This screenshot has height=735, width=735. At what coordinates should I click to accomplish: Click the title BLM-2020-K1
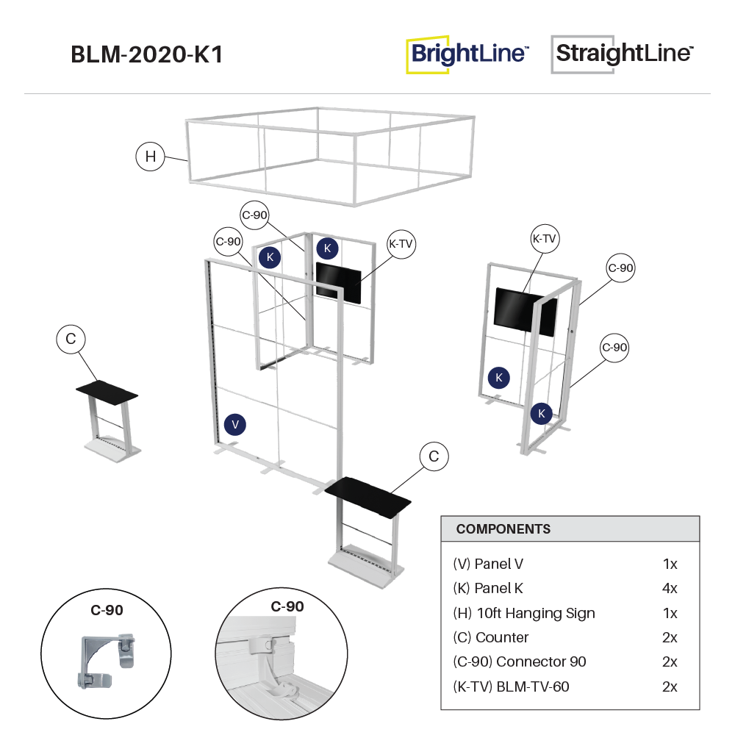(x=146, y=55)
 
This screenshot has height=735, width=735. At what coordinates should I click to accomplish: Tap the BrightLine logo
(x=468, y=54)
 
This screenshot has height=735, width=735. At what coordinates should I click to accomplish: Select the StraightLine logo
(x=623, y=54)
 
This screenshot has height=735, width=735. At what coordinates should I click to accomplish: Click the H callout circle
(x=151, y=157)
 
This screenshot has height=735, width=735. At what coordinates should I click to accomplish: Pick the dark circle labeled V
(x=235, y=425)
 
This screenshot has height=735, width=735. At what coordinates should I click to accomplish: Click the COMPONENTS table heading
(x=503, y=529)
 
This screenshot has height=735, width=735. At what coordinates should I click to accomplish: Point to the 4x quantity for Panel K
(x=669, y=589)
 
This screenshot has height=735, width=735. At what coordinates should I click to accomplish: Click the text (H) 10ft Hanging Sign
(x=524, y=613)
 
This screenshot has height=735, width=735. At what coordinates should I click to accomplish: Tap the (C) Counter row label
(x=491, y=637)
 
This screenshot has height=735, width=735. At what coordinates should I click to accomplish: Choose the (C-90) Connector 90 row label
(x=520, y=661)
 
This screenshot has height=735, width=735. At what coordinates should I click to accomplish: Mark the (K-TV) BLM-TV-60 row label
(x=511, y=686)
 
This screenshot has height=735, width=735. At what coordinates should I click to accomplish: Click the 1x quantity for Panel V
(x=669, y=564)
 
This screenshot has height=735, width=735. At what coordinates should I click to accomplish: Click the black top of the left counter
(x=107, y=390)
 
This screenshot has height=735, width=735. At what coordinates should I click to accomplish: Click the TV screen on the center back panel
(x=339, y=282)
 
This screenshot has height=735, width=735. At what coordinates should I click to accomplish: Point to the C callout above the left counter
(x=71, y=340)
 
